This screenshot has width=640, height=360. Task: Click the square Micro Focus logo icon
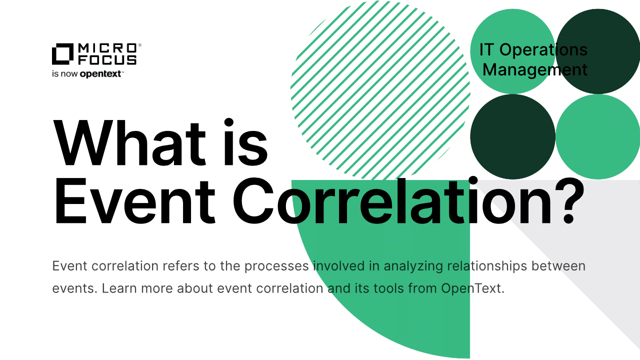[62, 54]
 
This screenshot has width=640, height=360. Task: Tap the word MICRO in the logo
[107, 48]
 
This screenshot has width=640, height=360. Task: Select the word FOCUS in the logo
[107, 60]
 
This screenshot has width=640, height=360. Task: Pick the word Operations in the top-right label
[543, 49]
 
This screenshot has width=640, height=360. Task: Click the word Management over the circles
[535, 69]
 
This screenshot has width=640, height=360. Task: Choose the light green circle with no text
[598, 137]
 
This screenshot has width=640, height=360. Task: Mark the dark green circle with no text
[512, 137]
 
